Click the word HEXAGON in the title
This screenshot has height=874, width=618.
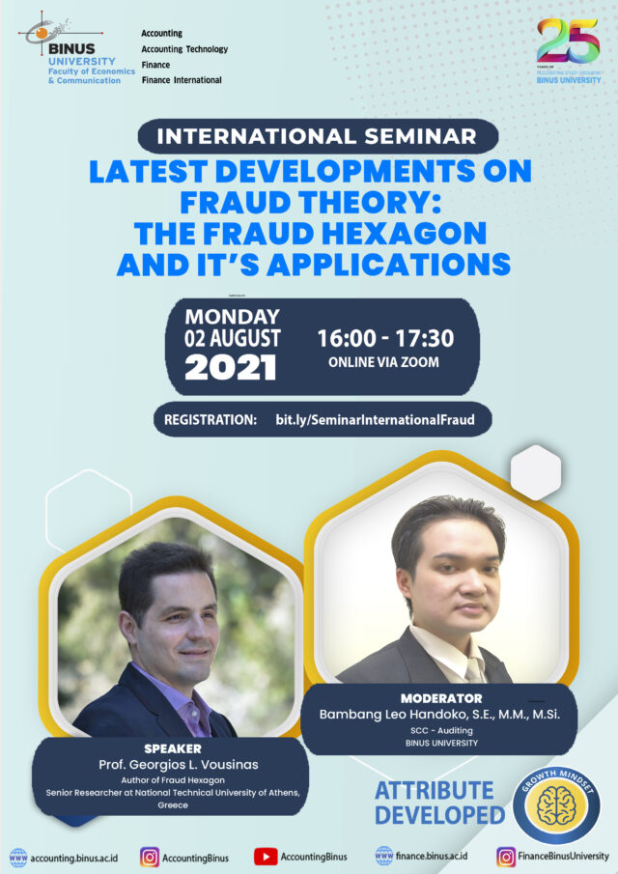coord(402,235)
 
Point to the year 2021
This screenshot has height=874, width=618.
coord(231,367)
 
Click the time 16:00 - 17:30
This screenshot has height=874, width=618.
coord(385,339)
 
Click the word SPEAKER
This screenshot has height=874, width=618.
coord(173,747)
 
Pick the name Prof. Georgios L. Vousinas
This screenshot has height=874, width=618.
coord(173,766)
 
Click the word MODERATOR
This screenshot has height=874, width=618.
coord(440,697)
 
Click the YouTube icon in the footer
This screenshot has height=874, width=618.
coord(266,856)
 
